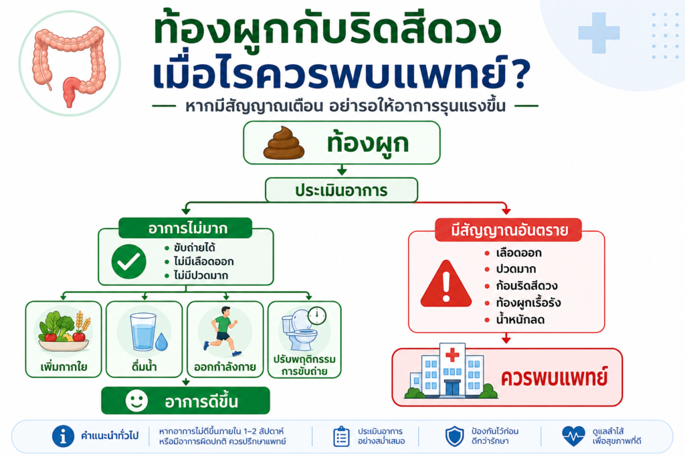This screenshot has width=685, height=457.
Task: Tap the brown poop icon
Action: point(284,143)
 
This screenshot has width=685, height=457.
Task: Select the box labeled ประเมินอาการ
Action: point(341,190)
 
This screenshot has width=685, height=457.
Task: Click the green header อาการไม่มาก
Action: point(186,228)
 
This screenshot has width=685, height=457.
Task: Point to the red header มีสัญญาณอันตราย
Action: point(508,230)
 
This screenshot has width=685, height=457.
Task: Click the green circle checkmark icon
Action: point(129,262)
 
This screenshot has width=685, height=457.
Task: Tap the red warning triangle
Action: point(446,284)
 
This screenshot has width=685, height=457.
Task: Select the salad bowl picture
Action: point(64,331)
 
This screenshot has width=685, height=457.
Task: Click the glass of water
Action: point(143,332)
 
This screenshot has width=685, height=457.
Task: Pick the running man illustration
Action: point(222,331)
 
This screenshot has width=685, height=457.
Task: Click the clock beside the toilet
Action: point(316,315)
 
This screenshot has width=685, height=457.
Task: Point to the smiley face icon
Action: point(136,401)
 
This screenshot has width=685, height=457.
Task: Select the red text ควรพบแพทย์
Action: point(555,378)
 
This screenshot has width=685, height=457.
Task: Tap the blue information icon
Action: point(64,436)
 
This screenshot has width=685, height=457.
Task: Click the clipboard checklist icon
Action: point(341,436)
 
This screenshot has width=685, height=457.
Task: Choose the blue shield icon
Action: point(454,436)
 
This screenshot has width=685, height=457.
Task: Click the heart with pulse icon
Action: point(573,436)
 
